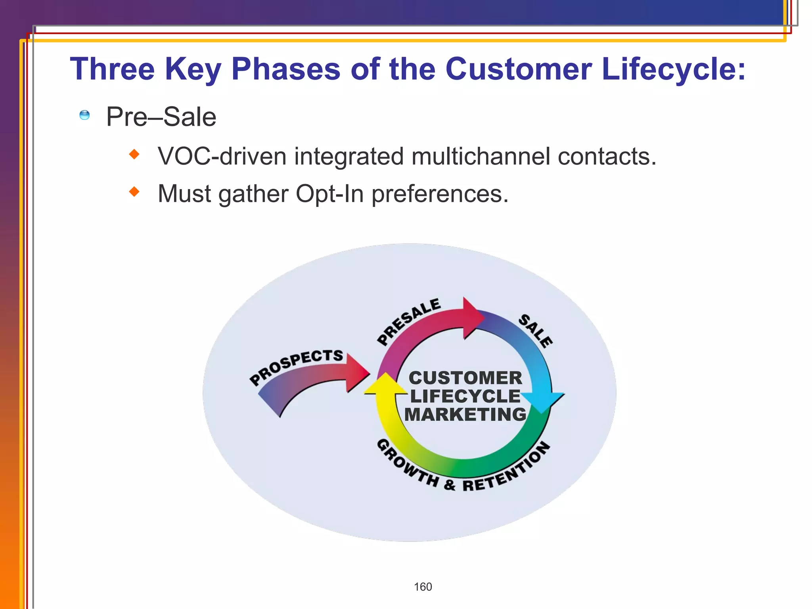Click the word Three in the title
click(x=112, y=69)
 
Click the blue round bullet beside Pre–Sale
click(x=84, y=115)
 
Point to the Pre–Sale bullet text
click(x=161, y=117)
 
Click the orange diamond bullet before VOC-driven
click(x=134, y=154)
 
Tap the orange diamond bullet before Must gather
click(x=134, y=192)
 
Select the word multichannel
click(x=481, y=156)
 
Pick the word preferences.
click(x=439, y=194)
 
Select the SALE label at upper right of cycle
click(x=535, y=331)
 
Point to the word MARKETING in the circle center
click(x=465, y=415)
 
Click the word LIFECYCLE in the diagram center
click(x=465, y=396)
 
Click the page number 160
click(x=423, y=587)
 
